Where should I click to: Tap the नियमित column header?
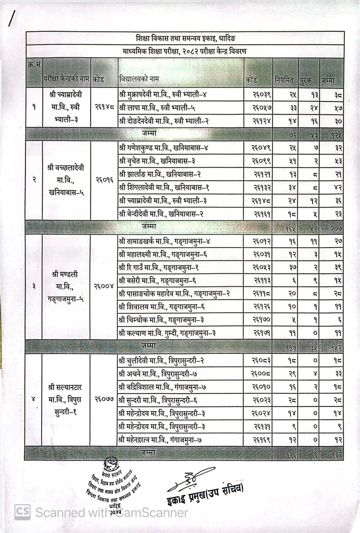click(x=284, y=81)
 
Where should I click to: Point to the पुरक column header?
click(x=305, y=81)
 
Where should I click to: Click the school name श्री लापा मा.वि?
click(x=156, y=108)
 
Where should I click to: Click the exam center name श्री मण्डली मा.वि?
click(x=66, y=286)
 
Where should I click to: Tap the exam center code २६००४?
click(x=104, y=286)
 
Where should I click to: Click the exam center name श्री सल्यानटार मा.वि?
click(x=66, y=400)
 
